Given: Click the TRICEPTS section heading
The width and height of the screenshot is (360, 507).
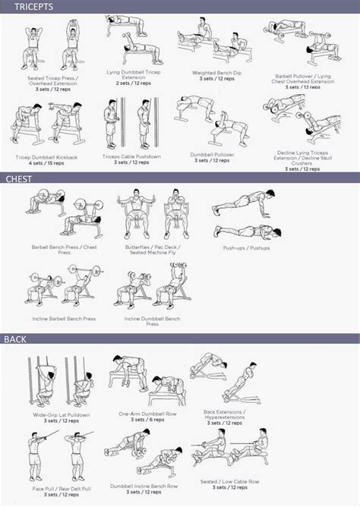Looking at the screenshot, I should point(26,7).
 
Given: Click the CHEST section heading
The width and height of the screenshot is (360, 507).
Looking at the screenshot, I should point(19,179).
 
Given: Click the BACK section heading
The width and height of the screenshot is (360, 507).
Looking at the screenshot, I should point(17,339).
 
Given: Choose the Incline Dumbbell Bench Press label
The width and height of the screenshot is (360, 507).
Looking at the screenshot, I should point(152,320).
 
